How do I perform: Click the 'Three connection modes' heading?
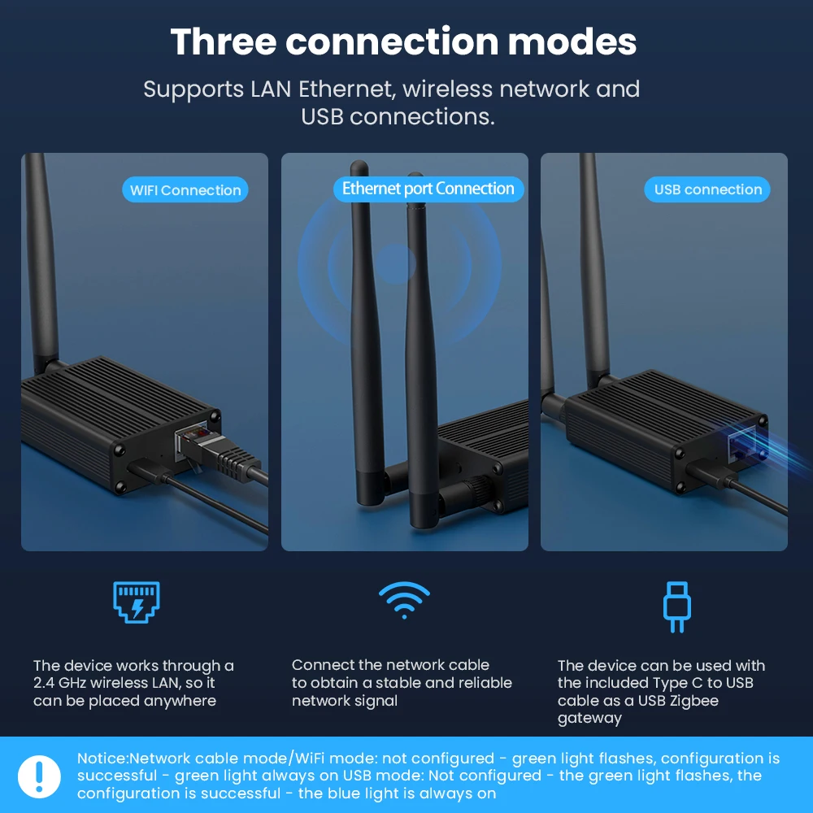click(x=403, y=42)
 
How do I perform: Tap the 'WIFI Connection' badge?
click(x=185, y=190)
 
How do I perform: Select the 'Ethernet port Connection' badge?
click(x=428, y=189)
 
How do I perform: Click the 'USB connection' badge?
click(x=707, y=189)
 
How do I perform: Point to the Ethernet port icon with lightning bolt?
click(x=136, y=602)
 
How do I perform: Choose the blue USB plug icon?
click(x=676, y=606)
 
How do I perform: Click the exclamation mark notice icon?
click(x=39, y=776)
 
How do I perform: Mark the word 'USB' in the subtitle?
click(x=322, y=116)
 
